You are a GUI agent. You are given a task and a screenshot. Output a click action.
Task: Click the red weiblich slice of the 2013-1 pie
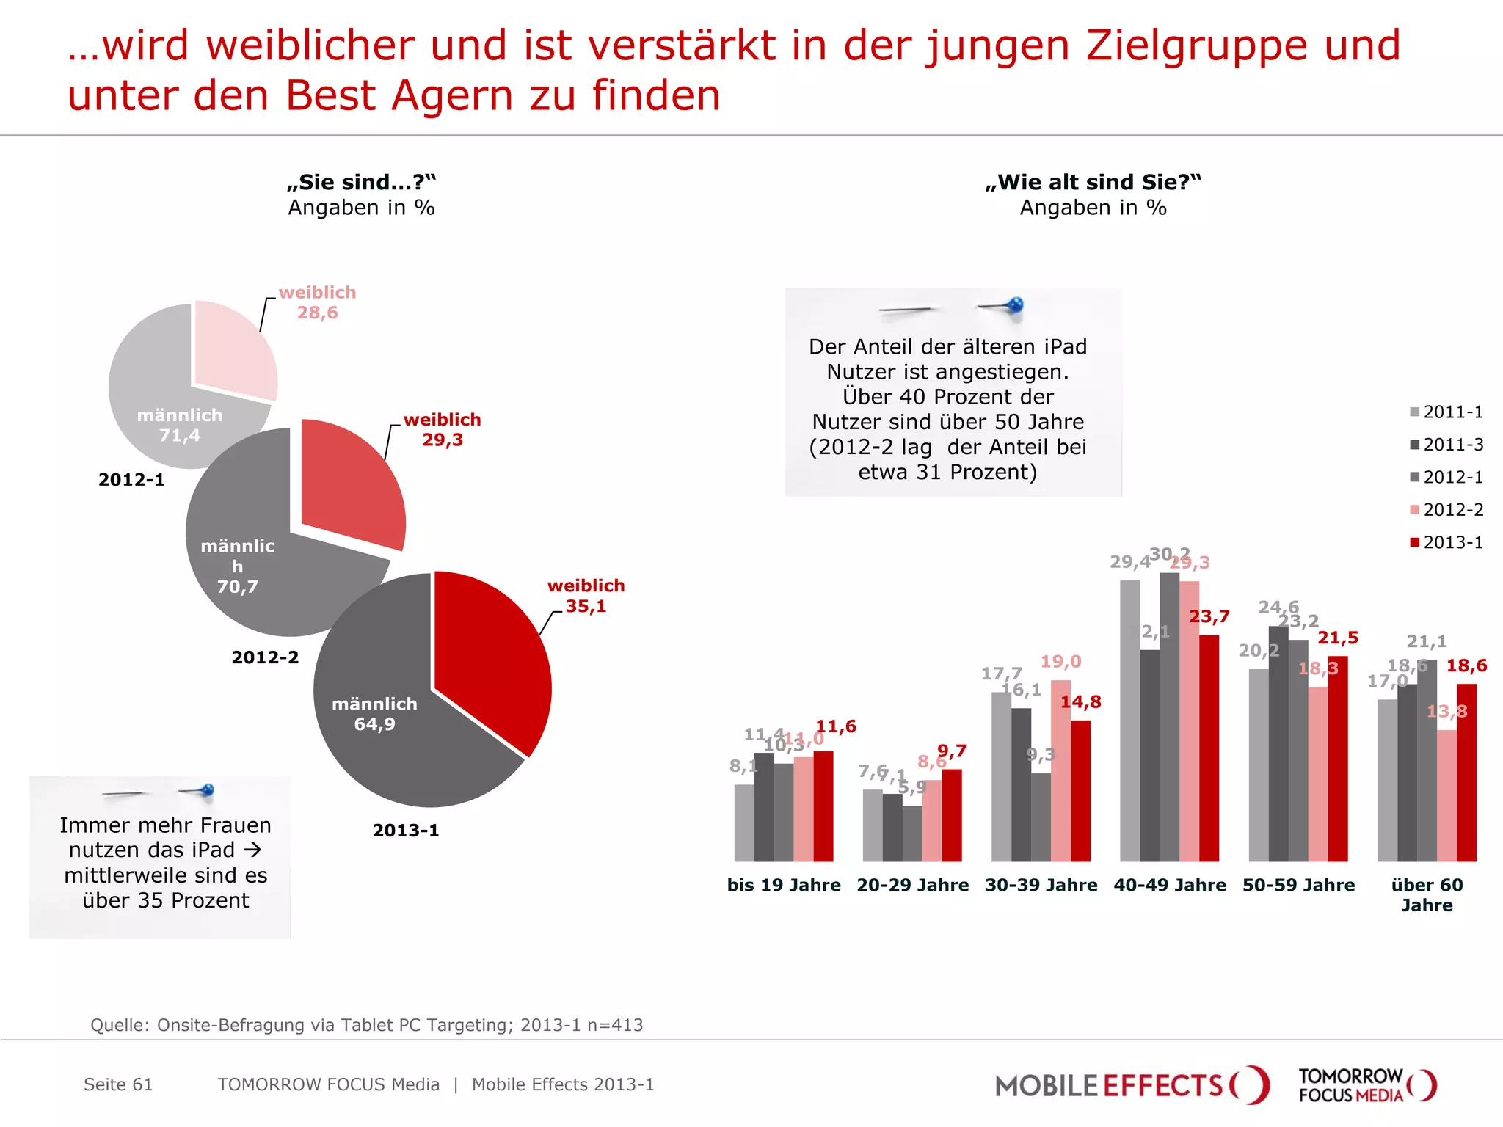pyautogui.click(x=492, y=660)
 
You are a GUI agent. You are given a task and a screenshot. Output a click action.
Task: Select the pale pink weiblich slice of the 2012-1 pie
pyautogui.click(x=233, y=351)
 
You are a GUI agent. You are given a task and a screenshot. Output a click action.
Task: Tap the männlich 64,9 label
pyautogui.click(x=374, y=714)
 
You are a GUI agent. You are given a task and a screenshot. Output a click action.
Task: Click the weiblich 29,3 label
pyautogui.click(x=442, y=429)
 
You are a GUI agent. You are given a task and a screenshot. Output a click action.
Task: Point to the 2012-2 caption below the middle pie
pyautogui.click(x=265, y=657)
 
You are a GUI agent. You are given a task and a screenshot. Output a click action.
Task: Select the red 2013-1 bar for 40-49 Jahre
pyautogui.click(x=1209, y=748)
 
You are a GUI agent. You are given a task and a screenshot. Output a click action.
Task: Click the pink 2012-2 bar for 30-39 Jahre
pyautogui.click(x=1060, y=770)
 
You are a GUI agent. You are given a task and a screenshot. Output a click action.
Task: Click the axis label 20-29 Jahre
pyautogui.click(x=912, y=885)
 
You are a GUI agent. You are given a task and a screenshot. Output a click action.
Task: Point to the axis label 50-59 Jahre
pyautogui.click(x=1298, y=885)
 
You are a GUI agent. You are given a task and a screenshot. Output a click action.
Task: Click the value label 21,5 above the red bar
pyautogui.click(x=1338, y=638)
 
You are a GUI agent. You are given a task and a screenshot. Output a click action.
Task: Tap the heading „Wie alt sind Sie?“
pyautogui.click(x=1093, y=182)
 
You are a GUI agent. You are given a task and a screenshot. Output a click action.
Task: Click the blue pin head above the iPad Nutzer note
pyautogui.click(x=1016, y=304)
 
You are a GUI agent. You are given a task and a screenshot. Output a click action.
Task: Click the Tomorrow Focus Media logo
pyautogui.click(x=1366, y=1085)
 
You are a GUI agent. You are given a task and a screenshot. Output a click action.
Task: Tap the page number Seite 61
pyautogui.click(x=118, y=1084)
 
